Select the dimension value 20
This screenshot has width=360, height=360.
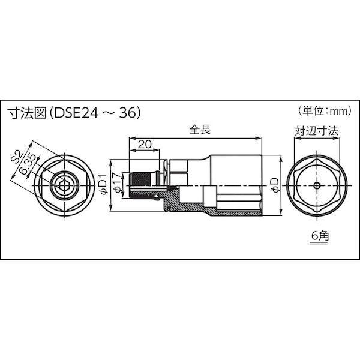[x=144, y=144]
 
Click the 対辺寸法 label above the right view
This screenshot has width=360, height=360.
[x=314, y=129]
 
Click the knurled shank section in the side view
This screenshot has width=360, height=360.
[x=140, y=185]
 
